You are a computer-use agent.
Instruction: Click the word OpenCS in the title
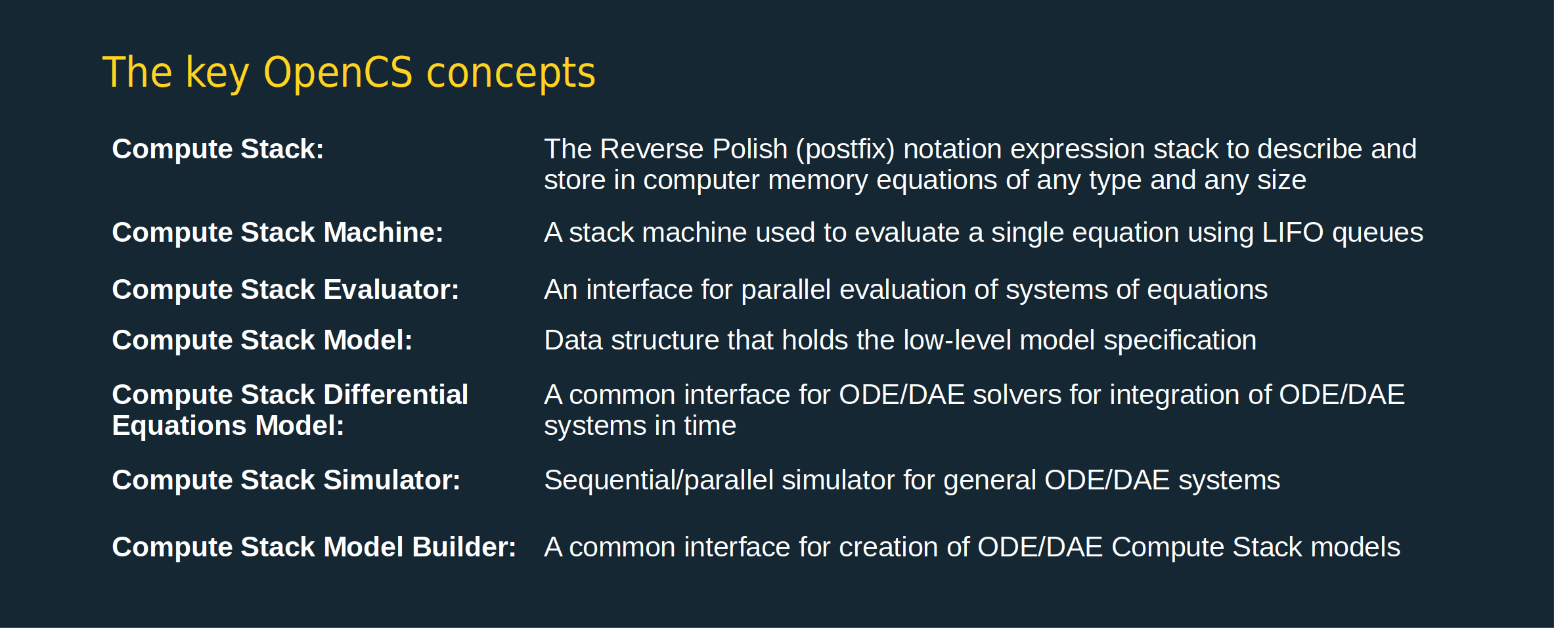coord(338,72)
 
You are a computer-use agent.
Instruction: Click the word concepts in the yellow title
coord(511,74)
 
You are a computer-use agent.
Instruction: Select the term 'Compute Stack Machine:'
coord(278,233)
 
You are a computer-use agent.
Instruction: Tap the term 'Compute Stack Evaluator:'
coord(286,290)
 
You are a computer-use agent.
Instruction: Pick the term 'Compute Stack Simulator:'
coord(286,480)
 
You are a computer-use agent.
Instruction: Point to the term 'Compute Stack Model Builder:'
coord(315,547)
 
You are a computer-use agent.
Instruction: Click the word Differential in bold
coord(396,394)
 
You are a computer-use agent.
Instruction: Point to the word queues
coord(1378,235)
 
